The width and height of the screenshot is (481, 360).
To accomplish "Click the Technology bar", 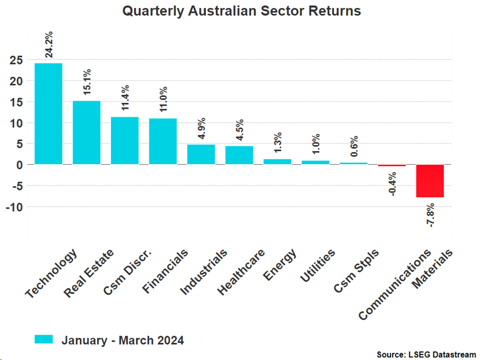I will pos(49,114).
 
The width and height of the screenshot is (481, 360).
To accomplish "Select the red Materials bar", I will pos(430,181).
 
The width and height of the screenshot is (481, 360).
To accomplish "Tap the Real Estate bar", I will pos(87,132).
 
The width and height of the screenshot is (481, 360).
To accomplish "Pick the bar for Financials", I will pos(163,142).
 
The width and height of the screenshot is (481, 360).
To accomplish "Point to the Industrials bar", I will pos(201,155).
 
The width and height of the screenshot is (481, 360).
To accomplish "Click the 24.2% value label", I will pos(50,44).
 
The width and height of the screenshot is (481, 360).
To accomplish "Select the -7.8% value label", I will pos(431,215).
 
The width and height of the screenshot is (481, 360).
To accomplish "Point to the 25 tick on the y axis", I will pos(16,60).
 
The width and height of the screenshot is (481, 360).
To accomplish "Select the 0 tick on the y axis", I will pos(19,165).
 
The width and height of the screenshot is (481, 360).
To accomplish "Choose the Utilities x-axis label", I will pos(318,266).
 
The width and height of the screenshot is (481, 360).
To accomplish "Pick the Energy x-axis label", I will pos(280,264).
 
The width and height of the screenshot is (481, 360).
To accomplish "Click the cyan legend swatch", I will pos(44,339).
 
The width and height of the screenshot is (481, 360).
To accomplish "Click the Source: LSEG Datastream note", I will pos(426,354).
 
